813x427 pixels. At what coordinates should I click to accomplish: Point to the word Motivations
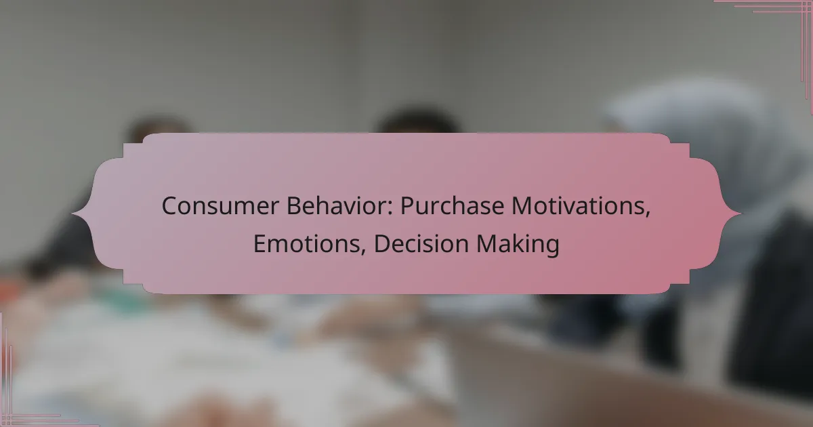point(579,206)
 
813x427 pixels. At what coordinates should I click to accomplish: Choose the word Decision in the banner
point(421,243)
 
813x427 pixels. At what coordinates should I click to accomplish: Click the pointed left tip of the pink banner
point(72,214)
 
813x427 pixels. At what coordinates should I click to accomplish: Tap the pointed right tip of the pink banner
point(741,214)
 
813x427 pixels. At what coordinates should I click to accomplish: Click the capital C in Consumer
point(169,206)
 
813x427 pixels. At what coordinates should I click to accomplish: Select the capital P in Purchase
point(408,206)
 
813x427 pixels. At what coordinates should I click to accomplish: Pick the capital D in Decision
point(383,243)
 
